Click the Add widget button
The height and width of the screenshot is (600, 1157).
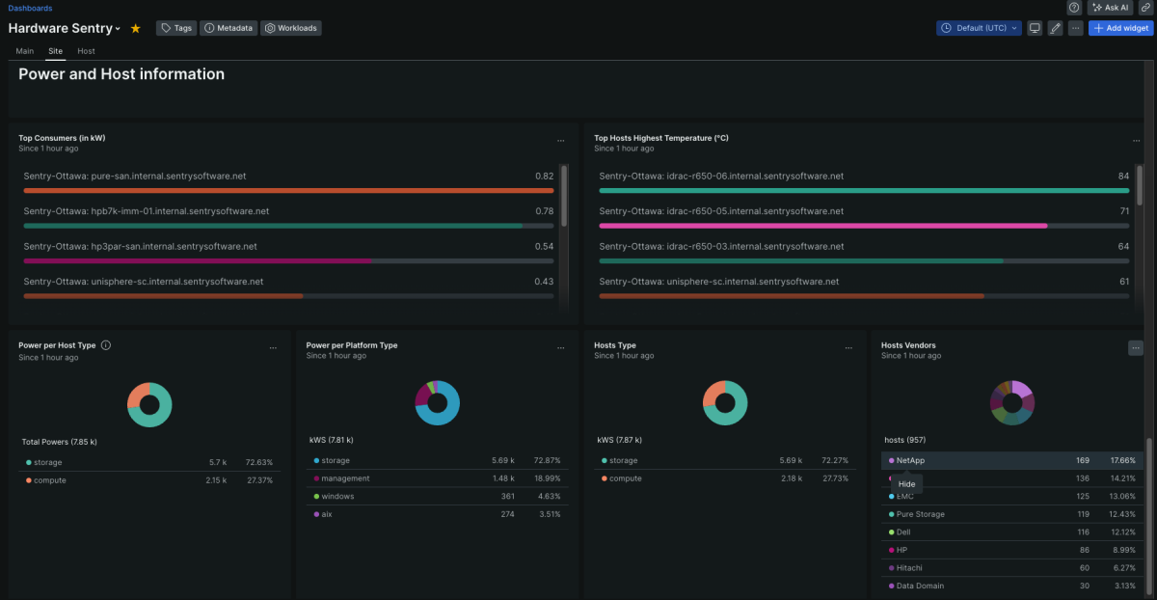[1120, 28]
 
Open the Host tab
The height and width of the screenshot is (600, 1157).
[86, 51]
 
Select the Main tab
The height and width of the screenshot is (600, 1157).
[25, 51]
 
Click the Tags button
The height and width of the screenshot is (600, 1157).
[176, 28]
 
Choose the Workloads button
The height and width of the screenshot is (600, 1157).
[291, 28]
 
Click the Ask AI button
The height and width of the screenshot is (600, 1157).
[1110, 8]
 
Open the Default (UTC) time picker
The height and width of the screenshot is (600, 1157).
[978, 28]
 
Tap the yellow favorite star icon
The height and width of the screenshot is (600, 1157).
[135, 29]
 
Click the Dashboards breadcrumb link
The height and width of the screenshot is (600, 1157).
[30, 8]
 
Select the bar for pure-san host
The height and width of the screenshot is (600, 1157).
[288, 191]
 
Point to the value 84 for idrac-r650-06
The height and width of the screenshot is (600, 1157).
[1123, 177]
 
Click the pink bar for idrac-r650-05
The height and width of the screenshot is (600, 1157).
[822, 226]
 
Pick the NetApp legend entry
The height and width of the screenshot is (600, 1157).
[910, 461]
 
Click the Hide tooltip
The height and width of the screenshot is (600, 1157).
[906, 484]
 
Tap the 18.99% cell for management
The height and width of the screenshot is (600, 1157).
[547, 478]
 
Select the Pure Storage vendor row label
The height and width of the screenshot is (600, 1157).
[920, 514]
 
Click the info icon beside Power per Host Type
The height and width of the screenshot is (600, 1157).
[106, 345]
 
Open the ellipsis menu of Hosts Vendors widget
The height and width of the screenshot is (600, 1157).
[1136, 347]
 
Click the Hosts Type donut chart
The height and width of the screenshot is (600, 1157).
[725, 403]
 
